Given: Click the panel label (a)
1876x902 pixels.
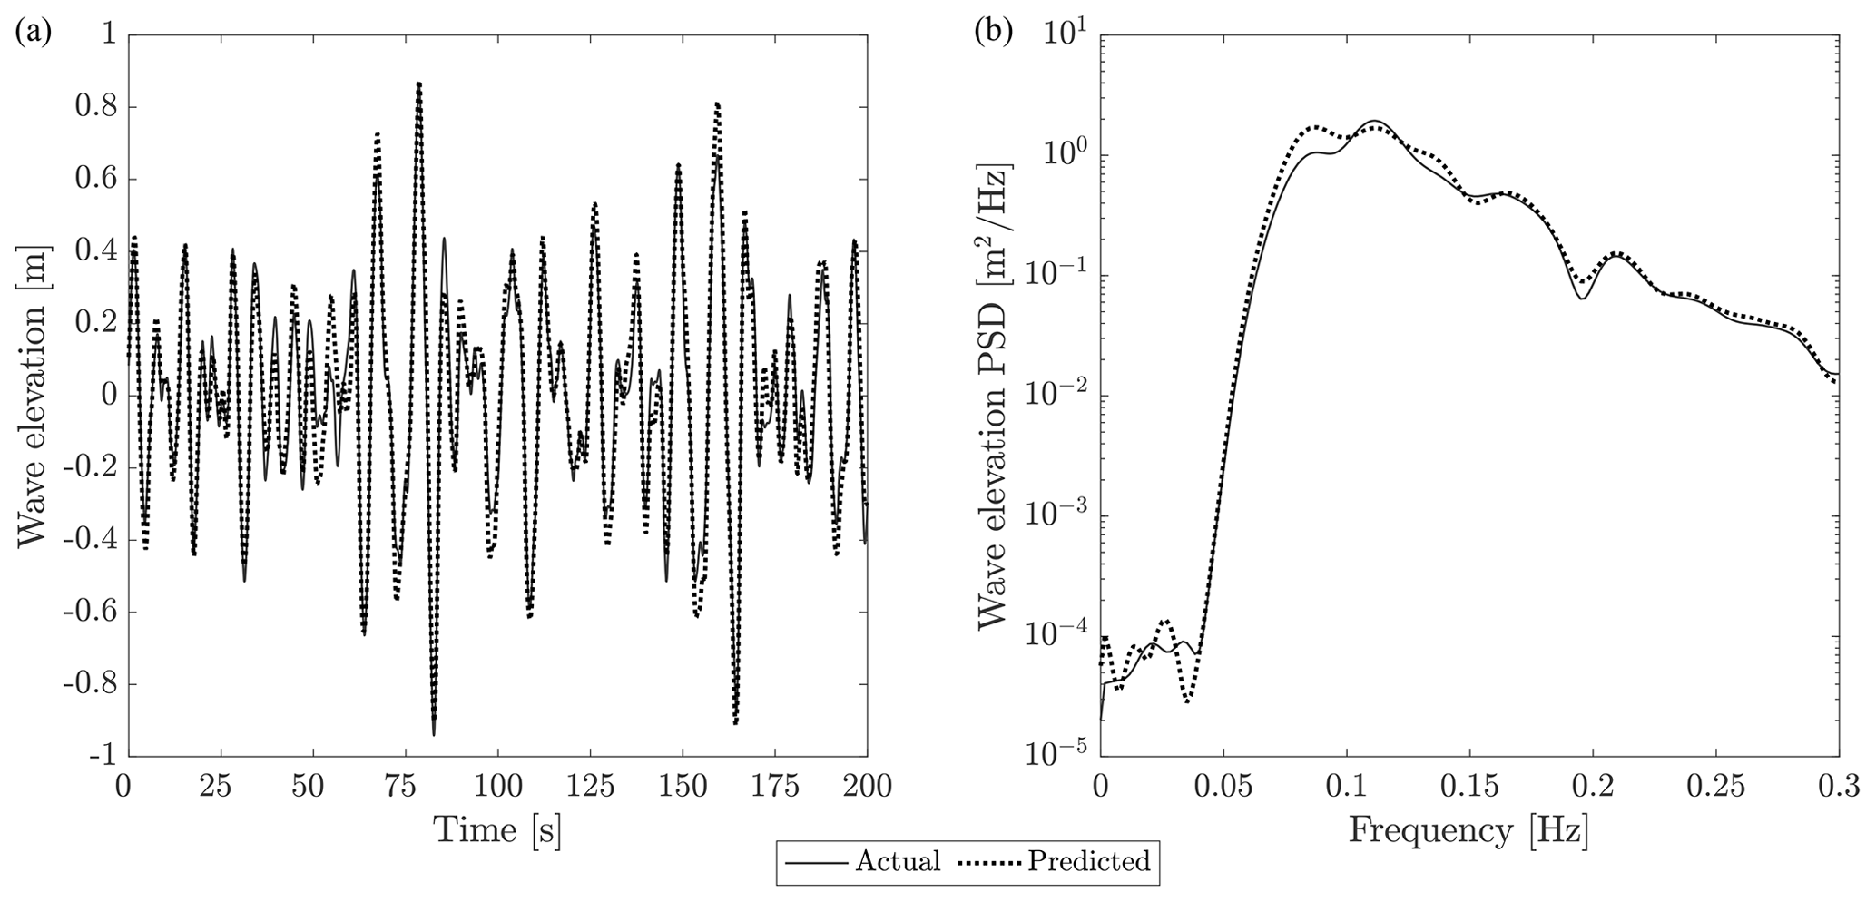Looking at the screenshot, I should coord(34,34).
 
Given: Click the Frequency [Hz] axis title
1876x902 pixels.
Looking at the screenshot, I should coord(1468,829).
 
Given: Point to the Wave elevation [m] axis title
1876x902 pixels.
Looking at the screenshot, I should coord(33,396).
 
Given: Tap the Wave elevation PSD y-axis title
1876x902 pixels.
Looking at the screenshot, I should coord(995,396).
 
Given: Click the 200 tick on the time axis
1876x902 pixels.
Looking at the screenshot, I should coord(866,786).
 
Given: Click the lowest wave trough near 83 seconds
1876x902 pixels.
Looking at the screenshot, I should coord(434,733).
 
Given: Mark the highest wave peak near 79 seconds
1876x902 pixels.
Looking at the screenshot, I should coord(418,83).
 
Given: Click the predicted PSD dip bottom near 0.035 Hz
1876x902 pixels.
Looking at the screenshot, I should coord(1187,701).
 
